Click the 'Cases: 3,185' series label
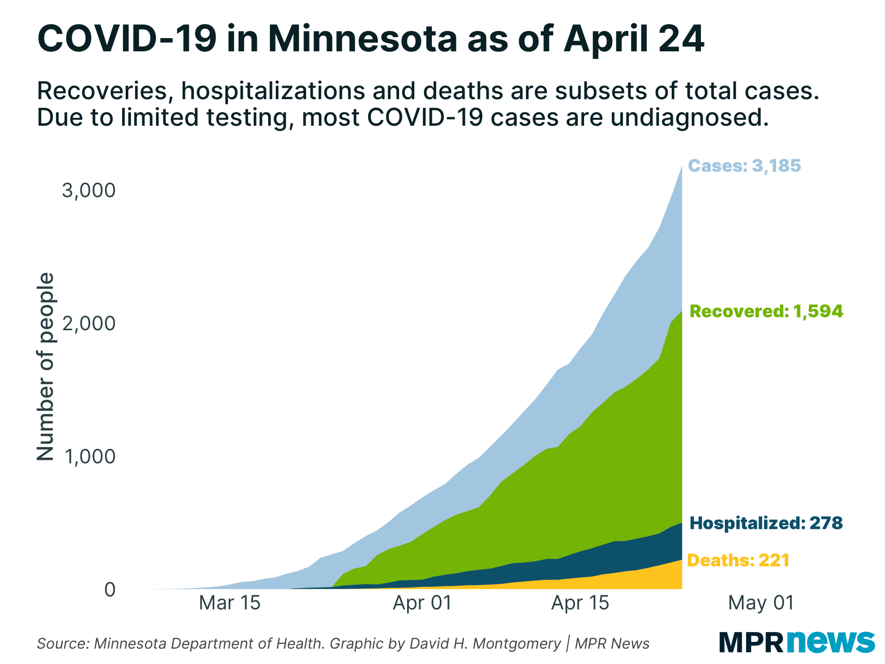tap(744, 166)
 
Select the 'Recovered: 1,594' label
tap(766, 311)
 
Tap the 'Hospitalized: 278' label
tap(766, 523)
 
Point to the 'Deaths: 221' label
tap(738, 560)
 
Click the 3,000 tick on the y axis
tap(88, 190)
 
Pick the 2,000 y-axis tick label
tap(88, 324)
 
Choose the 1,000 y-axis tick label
tap(90, 456)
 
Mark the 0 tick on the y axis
tap(110, 590)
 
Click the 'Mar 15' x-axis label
tap(230, 603)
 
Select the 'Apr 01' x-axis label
tap(423, 603)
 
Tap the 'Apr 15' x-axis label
tap(580, 603)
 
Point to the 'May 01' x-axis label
tap(761, 603)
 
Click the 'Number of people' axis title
tap(45, 367)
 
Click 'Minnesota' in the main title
tap(362, 39)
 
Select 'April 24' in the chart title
tap(634, 39)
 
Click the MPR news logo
tap(796, 642)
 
